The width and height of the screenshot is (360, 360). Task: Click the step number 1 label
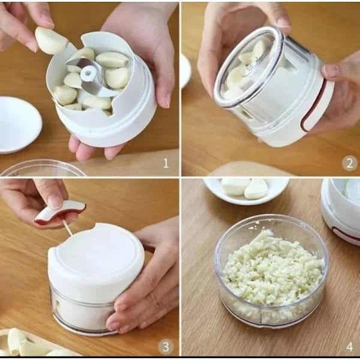[166, 163]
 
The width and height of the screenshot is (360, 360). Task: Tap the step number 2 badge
[349, 163]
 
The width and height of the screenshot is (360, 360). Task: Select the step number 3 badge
[166, 347]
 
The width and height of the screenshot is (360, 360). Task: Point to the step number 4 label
[349, 347]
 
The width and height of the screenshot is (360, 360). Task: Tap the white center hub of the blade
[88, 74]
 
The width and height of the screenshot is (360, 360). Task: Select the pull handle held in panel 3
[60, 212]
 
